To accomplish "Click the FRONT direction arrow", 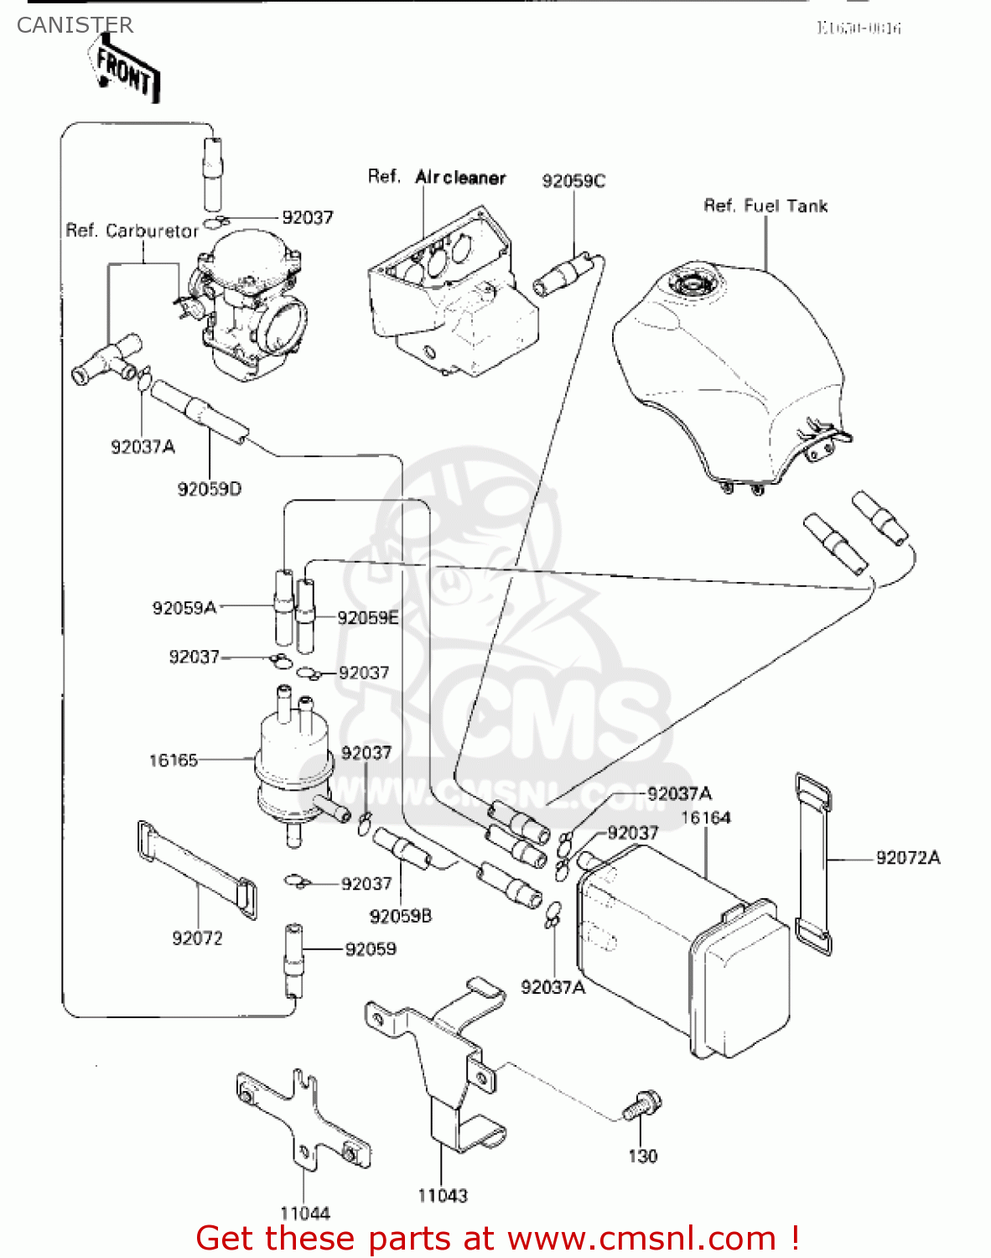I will click(126, 70).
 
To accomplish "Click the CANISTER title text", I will click(75, 25).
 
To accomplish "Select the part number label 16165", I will click(173, 761).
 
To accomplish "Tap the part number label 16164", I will click(705, 818).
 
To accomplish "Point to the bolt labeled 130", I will click(642, 1106).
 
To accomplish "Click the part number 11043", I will click(442, 1196).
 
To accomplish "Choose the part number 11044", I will click(304, 1213).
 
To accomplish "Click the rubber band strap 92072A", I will click(812, 864).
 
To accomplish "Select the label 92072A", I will click(908, 858).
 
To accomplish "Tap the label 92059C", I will click(573, 181).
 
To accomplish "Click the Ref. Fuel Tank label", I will click(765, 206).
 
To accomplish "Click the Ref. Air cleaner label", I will click(437, 177).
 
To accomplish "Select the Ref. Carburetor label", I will click(132, 231).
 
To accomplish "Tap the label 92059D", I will click(209, 489).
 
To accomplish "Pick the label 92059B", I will click(400, 917).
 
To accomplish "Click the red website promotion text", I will click(496, 1238).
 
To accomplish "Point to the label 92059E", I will click(367, 618).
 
